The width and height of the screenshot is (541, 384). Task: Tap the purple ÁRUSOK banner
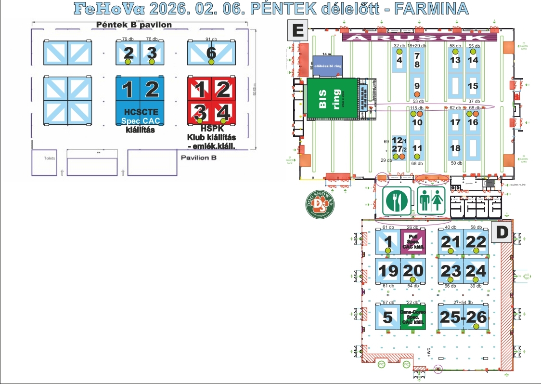(x=414, y=37)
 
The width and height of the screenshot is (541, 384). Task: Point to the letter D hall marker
(x=502, y=232)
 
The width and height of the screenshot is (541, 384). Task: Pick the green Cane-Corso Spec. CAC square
(x=412, y=317)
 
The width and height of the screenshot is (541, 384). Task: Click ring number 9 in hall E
(x=417, y=86)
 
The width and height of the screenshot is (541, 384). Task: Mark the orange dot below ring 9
(x=417, y=94)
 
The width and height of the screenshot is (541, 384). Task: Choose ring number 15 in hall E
(x=473, y=86)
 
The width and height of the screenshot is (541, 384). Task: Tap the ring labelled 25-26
(x=463, y=318)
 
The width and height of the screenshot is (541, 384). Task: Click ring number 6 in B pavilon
(x=211, y=53)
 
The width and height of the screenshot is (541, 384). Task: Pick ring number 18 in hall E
(x=455, y=148)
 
